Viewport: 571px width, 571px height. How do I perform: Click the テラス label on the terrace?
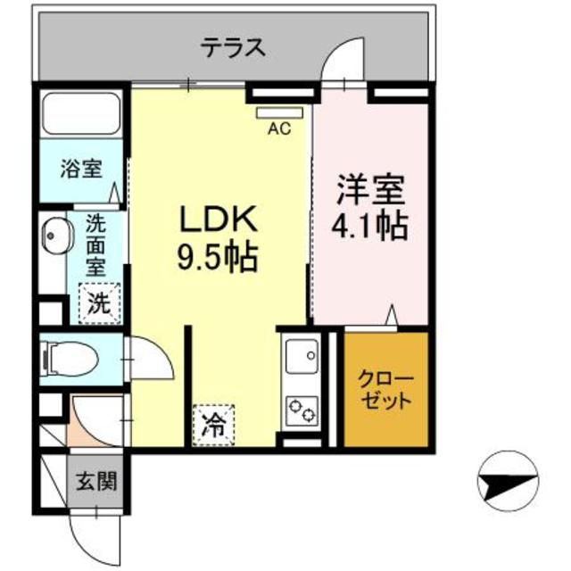click(232, 47)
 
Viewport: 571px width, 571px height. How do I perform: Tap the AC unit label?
click(279, 128)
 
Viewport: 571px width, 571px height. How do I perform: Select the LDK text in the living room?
click(220, 219)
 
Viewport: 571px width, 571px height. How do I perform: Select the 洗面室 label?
click(97, 244)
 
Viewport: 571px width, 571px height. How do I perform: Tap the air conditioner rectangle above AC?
click(279, 113)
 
